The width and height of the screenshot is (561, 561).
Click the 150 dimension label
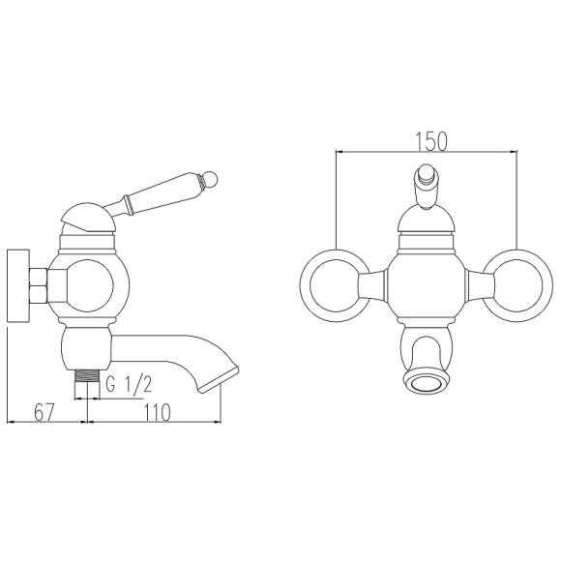pyautogui.click(x=431, y=141)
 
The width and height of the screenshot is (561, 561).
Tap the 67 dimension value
pyautogui.click(x=44, y=412)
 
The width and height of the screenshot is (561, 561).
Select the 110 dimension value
pyautogui.click(x=158, y=412)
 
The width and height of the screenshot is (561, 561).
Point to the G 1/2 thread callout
pyautogui.click(x=130, y=384)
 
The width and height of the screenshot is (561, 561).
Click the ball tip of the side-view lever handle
pyautogui.click(x=210, y=179)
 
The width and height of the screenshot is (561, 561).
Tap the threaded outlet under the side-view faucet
pyautogui.click(x=87, y=376)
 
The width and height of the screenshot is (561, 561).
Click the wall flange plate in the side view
pyautogui.click(x=17, y=286)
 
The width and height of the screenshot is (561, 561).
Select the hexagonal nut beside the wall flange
pyautogui.click(x=39, y=286)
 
